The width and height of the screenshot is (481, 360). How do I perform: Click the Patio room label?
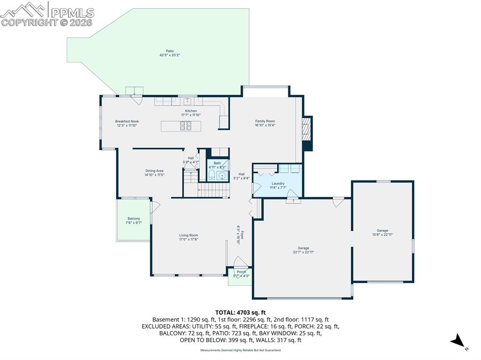[x=170, y=51]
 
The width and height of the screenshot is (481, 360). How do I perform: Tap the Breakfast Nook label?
[x=127, y=122]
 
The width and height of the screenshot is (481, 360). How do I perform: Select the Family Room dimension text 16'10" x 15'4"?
[x=265, y=125]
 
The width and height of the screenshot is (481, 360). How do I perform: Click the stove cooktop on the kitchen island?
[x=185, y=126]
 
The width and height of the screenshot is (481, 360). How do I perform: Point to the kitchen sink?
[x=187, y=101]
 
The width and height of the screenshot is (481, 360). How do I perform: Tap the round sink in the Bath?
[x=222, y=176]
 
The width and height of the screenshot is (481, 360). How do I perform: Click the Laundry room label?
[x=278, y=184]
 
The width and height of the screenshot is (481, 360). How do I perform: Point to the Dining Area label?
[x=154, y=171]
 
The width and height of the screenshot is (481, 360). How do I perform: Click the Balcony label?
[x=134, y=219]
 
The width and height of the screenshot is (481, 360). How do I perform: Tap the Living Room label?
[x=189, y=235]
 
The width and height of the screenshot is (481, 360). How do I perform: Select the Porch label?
[x=241, y=272]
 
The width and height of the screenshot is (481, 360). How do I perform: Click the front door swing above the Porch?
[x=240, y=261]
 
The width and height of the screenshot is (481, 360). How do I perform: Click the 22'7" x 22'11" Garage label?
[x=303, y=250]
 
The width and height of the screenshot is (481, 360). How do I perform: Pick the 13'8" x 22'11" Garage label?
[x=382, y=232]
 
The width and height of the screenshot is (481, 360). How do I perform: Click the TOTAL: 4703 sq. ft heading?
[x=240, y=313]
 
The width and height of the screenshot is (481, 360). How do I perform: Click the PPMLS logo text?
[x=72, y=13]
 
